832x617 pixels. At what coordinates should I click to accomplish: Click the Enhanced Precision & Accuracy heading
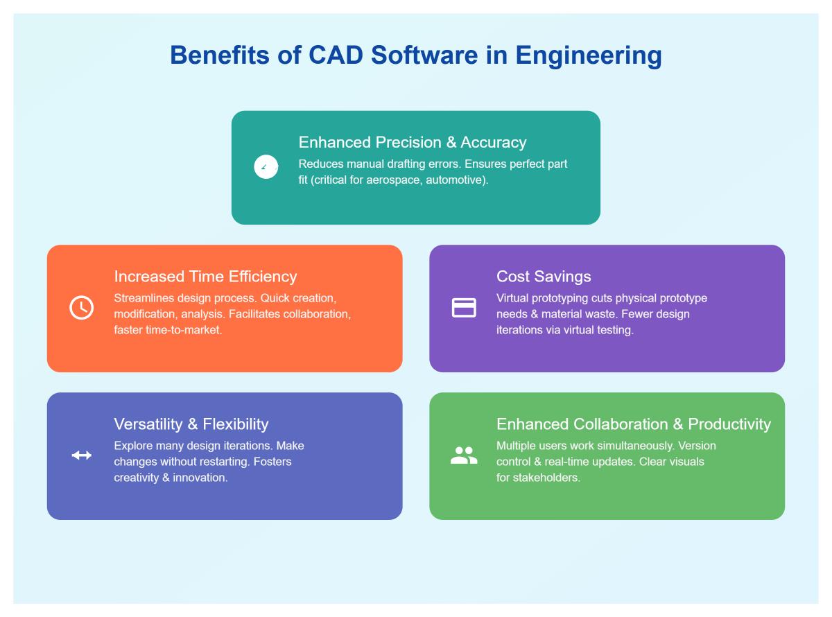click(412, 142)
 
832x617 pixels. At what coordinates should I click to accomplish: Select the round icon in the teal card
click(266, 167)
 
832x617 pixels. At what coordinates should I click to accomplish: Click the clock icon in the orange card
click(81, 307)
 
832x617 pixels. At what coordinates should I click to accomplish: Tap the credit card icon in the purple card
click(464, 307)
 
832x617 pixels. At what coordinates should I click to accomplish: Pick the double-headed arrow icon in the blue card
click(81, 455)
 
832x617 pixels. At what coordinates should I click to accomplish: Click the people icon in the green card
click(464, 455)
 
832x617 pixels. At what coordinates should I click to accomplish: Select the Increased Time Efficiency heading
click(205, 276)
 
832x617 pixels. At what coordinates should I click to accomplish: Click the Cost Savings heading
click(544, 276)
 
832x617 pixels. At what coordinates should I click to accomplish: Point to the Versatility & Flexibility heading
click(191, 424)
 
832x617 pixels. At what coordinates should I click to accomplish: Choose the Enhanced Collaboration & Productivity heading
click(633, 424)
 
